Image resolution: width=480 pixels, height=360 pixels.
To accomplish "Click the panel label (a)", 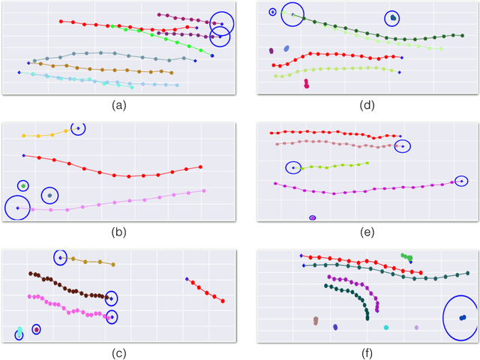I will click(x=118, y=106).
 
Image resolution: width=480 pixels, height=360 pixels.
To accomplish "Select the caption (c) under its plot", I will click(x=118, y=353).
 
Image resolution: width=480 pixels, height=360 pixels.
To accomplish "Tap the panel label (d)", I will click(x=368, y=106).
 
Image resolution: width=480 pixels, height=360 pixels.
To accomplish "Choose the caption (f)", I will click(x=368, y=353).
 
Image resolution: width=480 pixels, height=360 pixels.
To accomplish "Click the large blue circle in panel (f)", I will click(x=460, y=317).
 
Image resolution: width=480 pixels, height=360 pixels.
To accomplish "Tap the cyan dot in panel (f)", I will click(x=386, y=328).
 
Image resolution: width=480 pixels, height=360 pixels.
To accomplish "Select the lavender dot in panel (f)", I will click(x=416, y=328).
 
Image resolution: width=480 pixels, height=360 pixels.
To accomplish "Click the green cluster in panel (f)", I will click(x=406, y=257).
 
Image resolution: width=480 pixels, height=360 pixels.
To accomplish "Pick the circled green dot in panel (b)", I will click(x=24, y=185).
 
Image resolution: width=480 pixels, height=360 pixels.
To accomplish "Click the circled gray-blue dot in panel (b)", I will click(x=49, y=196).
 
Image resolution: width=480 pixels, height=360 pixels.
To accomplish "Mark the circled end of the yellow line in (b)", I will click(x=77, y=129).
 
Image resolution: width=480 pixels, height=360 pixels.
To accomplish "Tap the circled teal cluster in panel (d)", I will click(x=392, y=18).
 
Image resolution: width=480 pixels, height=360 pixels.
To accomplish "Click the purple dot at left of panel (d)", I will click(x=271, y=51).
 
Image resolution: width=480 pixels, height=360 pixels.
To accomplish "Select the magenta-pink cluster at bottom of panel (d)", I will click(x=307, y=84).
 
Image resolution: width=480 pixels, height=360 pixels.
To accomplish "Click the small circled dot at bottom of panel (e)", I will click(x=313, y=217).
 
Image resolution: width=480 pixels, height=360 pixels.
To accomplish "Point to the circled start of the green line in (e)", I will click(x=293, y=168).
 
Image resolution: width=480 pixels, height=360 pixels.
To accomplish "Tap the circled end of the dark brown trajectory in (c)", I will click(x=111, y=298).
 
